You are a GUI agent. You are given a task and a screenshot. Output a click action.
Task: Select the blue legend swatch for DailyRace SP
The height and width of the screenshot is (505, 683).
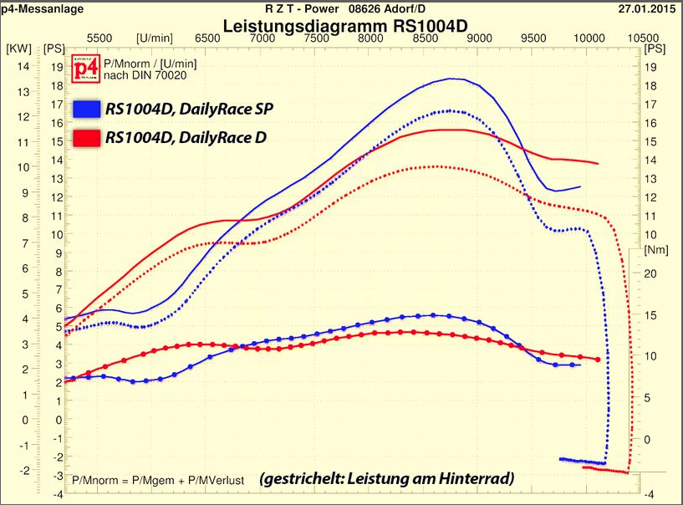[87, 109]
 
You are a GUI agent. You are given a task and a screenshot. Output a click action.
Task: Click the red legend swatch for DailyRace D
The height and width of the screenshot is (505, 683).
[87, 136]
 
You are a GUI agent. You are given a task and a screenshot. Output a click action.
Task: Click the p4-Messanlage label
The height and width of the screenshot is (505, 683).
[36, 8]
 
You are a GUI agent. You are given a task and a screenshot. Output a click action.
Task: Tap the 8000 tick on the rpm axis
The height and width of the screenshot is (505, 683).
[370, 38]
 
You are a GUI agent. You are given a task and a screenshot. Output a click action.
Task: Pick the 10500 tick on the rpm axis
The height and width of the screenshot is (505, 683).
[642, 38]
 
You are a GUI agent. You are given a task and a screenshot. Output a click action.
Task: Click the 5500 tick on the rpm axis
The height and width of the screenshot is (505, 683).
[99, 38]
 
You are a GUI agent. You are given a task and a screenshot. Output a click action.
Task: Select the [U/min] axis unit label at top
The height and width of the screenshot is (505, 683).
[155, 38]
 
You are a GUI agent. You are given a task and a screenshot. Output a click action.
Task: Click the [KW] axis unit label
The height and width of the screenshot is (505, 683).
[18, 48]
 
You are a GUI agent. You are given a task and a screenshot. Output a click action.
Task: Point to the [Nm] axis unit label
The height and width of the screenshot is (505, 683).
[655, 250]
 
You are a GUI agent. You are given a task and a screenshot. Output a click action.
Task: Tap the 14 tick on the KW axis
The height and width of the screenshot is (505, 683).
[23, 66]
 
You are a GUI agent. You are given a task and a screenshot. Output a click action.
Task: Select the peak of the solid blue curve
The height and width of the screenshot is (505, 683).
[451, 79]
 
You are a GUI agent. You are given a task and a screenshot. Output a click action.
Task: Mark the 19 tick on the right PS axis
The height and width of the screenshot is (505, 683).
[653, 68]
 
